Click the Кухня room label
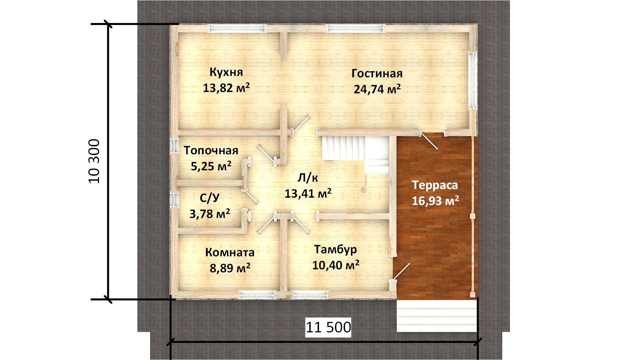(x=226, y=72)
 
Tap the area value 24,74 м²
(x=377, y=89)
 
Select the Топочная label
(x=211, y=150)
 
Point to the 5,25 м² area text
(x=211, y=166)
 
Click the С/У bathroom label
(x=210, y=198)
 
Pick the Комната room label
(x=230, y=252)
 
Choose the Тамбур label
(x=335, y=250)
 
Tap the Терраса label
(x=435, y=185)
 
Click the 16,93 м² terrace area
(x=435, y=201)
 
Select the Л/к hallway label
(x=308, y=178)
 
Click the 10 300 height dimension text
(x=94, y=161)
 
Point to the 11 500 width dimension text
(x=328, y=327)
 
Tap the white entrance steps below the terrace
(x=437, y=316)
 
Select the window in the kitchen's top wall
(x=237, y=29)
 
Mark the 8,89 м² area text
(x=230, y=268)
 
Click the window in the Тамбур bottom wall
(x=310, y=294)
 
